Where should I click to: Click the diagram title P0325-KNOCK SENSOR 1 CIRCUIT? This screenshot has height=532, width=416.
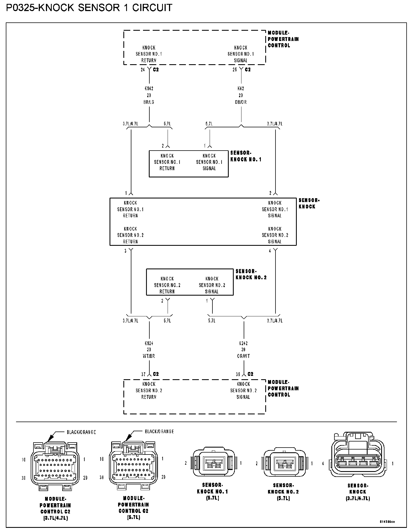pos(89,7)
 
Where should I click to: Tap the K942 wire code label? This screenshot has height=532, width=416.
pos(149,89)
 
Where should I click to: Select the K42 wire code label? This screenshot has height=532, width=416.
pos(241,89)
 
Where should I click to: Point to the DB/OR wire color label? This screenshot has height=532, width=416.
pos(241,102)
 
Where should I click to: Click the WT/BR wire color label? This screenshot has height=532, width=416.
pos(149,356)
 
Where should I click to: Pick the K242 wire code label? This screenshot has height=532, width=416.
pos(243,343)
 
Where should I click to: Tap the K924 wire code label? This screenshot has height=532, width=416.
pos(149,343)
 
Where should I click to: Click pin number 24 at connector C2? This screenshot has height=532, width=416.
pos(143,70)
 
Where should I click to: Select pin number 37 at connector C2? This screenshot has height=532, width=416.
pos(143,374)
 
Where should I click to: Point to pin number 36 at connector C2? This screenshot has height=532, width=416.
pos(238,374)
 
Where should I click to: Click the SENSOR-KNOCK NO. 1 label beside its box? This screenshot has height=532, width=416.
pos(246,156)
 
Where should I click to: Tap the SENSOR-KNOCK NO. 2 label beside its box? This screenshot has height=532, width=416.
pos(251,274)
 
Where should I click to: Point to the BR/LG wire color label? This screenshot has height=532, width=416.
pos(149,102)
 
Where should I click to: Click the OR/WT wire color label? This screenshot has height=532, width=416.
pos(243,356)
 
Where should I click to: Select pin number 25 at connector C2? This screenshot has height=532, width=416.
pos(235,70)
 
